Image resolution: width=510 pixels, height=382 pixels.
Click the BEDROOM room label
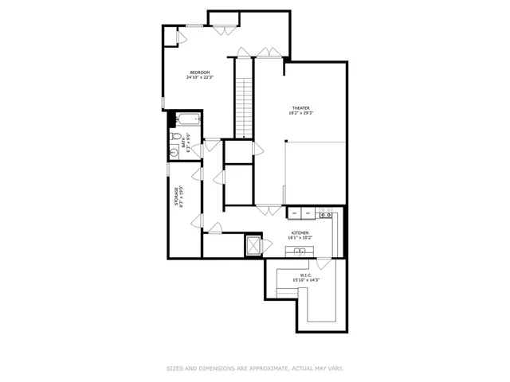(x=199, y=72)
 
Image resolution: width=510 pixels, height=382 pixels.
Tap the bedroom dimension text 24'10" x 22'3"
(x=199, y=78)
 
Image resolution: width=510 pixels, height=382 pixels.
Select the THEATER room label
(x=300, y=108)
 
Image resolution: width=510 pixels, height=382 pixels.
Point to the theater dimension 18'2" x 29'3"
(x=300, y=114)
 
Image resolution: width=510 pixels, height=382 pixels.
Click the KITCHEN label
(x=300, y=232)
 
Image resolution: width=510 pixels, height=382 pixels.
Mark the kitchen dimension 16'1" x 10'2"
(x=300, y=238)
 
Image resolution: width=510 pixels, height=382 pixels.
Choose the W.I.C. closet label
(x=305, y=275)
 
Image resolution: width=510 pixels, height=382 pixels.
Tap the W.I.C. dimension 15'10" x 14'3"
(x=305, y=280)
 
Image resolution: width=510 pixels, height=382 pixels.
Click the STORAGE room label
(x=176, y=197)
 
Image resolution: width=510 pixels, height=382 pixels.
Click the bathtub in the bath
(x=189, y=121)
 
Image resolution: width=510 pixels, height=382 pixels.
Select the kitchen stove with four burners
(x=325, y=213)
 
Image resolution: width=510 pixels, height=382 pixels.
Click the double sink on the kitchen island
(x=300, y=252)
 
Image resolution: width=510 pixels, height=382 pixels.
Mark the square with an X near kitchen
(x=254, y=245)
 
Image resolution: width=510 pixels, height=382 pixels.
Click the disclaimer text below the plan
(x=255, y=368)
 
